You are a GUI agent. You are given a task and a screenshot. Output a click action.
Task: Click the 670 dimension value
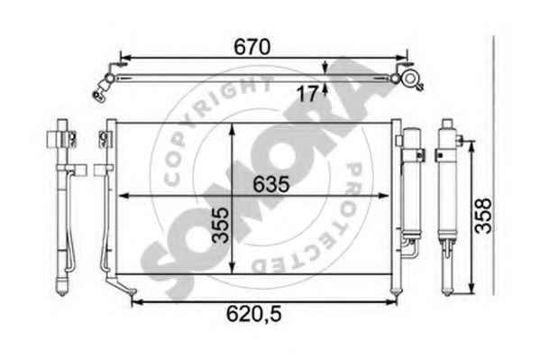click(x=252, y=47)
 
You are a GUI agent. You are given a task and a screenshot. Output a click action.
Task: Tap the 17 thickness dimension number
click(x=307, y=94)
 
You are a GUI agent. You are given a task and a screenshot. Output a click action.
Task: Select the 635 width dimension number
click(x=271, y=184)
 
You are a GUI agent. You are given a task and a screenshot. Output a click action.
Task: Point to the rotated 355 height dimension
click(x=220, y=226)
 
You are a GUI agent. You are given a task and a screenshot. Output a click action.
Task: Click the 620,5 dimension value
click(x=254, y=314)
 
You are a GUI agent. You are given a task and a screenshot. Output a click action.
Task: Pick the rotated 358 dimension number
click(x=483, y=216)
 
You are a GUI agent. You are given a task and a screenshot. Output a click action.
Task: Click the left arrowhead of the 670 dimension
click(x=125, y=58)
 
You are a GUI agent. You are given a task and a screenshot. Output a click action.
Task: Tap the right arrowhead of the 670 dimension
click(x=401, y=58)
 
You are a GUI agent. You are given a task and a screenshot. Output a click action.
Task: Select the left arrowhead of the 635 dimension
click(x=124, y=196)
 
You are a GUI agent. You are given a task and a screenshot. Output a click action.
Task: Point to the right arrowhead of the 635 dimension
click(x=383, y=196)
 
